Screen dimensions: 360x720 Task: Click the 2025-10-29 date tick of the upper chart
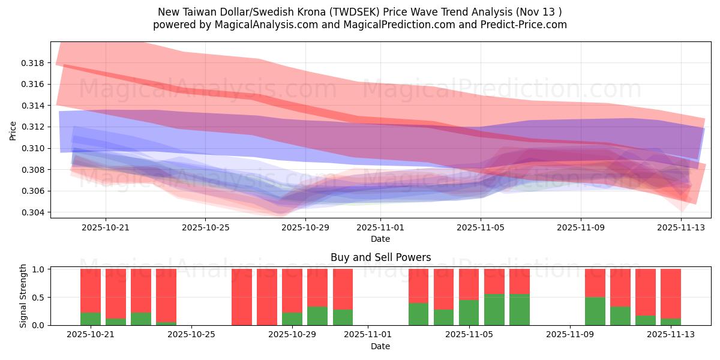coord(305,227)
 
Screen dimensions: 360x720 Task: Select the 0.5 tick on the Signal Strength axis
coord(38,298)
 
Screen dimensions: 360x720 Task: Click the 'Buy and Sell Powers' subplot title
coord(380,257)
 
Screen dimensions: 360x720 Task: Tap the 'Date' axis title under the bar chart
coord(380,346)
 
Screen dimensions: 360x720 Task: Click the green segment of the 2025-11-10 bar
coord(595,311)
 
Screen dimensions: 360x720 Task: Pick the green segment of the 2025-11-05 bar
coord(469,312)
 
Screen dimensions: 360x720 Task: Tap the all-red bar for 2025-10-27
coord(242,297)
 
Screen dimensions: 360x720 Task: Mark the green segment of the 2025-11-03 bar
coord(419,314)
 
